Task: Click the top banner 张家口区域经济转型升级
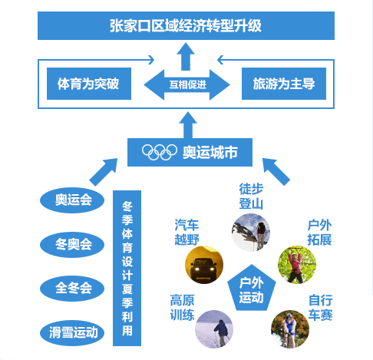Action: point(186,25)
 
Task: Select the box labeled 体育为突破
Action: point(89,84)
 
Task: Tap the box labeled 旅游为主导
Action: point(284,84)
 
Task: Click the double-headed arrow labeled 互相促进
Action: point(186,84)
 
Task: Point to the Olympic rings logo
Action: point(160,152)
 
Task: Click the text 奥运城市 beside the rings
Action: point(210,153)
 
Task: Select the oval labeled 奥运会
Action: point(72,200)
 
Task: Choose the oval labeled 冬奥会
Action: point(72,244)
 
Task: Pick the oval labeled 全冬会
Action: point(72,289)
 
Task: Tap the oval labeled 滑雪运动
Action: point(72,333)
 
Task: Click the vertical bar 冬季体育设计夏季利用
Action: point(127,268)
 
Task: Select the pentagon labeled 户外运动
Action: point(252,289)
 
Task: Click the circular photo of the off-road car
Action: point(204,265)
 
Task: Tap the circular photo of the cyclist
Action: point(290,329)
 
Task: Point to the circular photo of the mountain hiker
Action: point(251,233)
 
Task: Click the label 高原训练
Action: point(182,308)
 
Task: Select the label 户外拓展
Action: point(319,233)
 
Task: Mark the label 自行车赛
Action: point(320,308)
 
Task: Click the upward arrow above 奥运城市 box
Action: point(188,125)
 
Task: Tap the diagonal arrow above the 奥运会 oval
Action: point(104,172)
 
